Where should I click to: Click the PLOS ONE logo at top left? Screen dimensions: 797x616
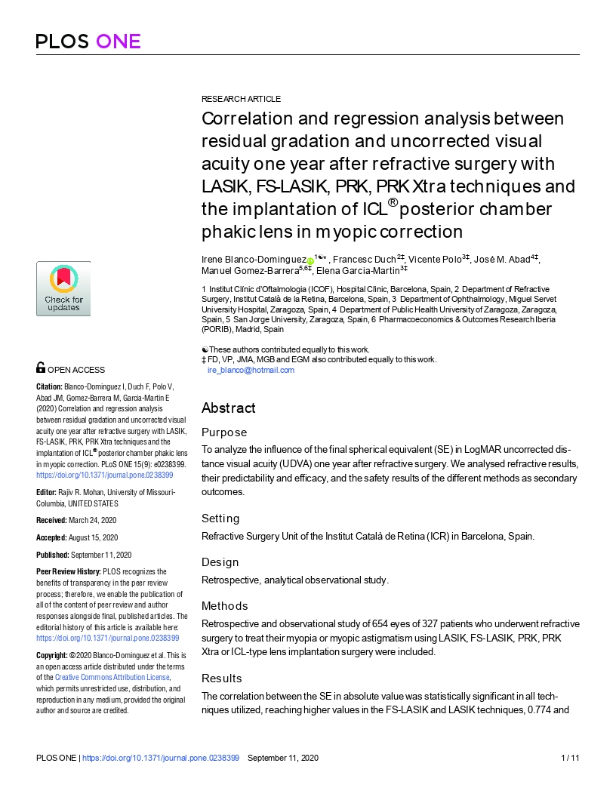click(x=88, y=41)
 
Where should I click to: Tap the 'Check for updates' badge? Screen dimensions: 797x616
click(x=63, y=288)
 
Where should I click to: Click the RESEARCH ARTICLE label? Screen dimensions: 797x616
click(x=241, y=99)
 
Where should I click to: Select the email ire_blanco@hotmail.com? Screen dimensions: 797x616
click(x=251, y=371)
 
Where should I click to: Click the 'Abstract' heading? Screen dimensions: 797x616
click(x=228, y=408)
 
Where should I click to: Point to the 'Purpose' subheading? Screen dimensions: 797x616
click(x=224, y=432)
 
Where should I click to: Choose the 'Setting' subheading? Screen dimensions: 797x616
click(x=220, y=519)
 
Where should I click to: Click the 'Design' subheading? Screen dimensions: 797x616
click(x=220, y=562)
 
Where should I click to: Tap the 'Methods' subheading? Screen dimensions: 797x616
click(x=224, y=606)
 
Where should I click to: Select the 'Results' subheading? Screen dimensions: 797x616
click(x=222, y=679)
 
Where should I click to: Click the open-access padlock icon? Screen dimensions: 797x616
click(x=41, y=368)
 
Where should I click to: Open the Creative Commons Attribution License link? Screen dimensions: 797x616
click(x=112, y=678)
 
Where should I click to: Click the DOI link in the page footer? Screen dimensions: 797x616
click(x=160, y=758)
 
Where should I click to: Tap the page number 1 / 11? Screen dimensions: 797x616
click(x=571, y=758)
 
